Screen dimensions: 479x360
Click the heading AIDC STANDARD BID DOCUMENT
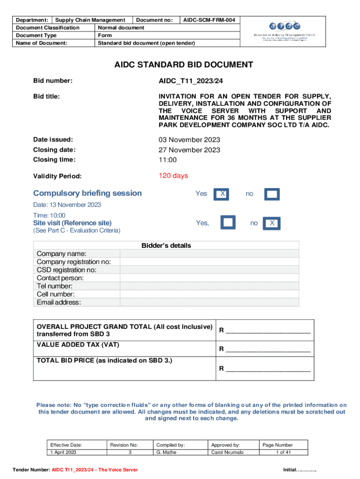tap(184, 65)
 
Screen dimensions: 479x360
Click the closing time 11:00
tap(168, 160)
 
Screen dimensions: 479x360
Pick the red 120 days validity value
tap(173, 176)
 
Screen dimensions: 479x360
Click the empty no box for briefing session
tap(272, 194)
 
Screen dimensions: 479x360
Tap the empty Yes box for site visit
tap(228, 223)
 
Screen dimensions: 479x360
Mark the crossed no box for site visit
tap(272, 224)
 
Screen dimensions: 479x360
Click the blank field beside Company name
tap(209, 254)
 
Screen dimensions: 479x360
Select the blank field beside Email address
tap(209, 302)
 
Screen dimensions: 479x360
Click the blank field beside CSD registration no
tap(209, 270)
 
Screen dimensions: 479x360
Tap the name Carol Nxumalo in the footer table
tap(227, 452)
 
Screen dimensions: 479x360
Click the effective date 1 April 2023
tap(63, 452)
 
